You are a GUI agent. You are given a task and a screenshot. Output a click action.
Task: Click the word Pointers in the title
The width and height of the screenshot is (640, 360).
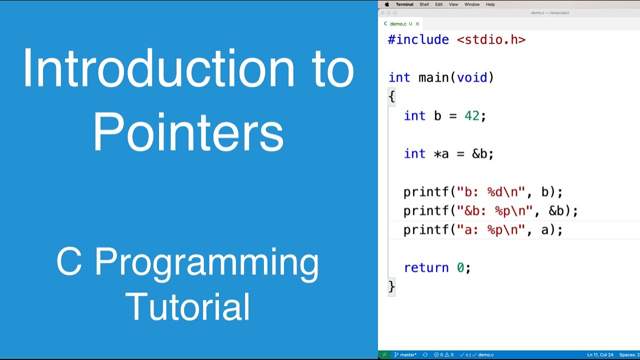pos(188,131)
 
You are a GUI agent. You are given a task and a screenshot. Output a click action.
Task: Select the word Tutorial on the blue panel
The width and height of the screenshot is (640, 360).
pos(187,306)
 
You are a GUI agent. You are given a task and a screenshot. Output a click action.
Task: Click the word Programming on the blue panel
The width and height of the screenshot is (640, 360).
pos(206,262)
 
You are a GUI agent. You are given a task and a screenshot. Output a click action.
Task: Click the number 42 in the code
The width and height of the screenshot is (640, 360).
pos(471,116)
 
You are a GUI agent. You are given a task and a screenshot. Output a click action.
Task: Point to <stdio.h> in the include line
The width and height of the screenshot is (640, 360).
pos(491,40)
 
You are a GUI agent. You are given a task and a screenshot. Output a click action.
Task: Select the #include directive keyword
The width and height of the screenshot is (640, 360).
pos(418,40)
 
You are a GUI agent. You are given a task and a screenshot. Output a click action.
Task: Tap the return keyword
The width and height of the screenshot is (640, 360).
pos(426,268)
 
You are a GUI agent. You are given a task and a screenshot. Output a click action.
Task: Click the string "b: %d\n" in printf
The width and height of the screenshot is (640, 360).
pos(491,192)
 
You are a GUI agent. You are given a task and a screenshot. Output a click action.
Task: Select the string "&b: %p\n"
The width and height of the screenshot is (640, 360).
pos(495,211)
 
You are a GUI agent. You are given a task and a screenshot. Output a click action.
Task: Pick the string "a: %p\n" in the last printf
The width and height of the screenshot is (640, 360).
pos(491,230)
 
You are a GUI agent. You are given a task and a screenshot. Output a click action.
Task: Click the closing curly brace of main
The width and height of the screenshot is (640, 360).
pos(391,286)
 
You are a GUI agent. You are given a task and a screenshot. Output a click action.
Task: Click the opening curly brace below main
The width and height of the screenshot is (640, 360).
pos(391,96)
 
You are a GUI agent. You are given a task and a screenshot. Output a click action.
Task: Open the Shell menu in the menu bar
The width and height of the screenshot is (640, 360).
pos(424,4)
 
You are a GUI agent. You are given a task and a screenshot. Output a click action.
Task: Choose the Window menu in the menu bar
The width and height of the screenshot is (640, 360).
pos(472,4)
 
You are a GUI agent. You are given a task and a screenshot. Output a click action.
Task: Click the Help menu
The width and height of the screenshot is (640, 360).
pos(490,4)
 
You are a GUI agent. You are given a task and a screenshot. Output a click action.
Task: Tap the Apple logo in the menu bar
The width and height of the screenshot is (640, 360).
pos(386,4)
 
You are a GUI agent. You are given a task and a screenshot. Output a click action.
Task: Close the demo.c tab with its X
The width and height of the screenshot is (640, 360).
pos(417,23)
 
